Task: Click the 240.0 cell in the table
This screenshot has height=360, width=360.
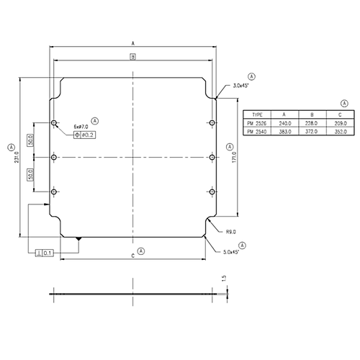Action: point(284,124)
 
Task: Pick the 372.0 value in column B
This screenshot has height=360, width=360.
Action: point(312,132)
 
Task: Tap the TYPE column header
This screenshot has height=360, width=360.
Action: point(257,114)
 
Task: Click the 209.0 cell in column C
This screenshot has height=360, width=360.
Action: point(341,124)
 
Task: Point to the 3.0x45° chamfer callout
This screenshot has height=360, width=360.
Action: point(241,86)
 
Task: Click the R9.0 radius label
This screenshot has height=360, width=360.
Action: point(231,232)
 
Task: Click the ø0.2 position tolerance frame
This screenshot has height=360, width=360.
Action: point(85,135)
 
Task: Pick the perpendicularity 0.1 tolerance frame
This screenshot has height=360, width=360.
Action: point(44,253)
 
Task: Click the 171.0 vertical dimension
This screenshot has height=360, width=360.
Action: point(234,157)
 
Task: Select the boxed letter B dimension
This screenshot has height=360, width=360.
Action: point(133,57)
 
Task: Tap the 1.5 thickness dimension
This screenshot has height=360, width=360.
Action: point(225,278)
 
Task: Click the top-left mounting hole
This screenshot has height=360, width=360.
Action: point(55,123)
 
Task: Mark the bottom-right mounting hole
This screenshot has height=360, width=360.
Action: point(211,191)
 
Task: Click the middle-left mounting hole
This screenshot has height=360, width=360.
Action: point(55,157)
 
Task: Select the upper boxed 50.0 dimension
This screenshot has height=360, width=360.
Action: point(30,140)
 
